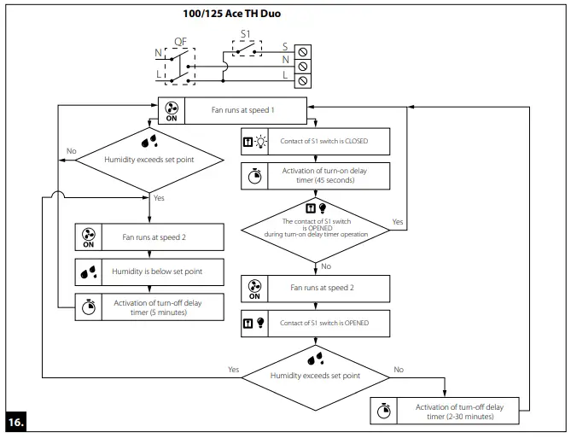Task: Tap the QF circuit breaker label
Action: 180,41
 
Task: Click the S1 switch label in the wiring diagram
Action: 247,34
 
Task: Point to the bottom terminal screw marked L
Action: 302,80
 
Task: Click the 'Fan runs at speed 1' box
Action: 233,111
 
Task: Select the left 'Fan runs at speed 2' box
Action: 149,237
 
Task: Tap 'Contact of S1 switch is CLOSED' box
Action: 317,141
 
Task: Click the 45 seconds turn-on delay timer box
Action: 317,176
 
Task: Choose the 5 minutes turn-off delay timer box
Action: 149,306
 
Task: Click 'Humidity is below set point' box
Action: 149,272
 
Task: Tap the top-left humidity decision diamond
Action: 150,158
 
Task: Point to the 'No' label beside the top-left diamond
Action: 72,151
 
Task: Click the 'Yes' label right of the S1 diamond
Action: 398,220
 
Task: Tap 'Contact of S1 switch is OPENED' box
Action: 317,323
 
